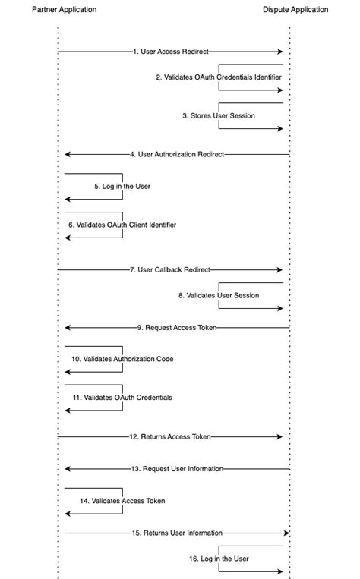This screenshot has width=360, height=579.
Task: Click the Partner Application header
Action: coord(65,10)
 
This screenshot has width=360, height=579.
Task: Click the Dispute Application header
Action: coord(295,10)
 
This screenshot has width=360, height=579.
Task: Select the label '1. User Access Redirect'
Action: coord(170,52)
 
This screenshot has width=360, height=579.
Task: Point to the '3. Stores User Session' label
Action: coord(218,116)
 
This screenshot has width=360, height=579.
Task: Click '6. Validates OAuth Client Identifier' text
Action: coord(122,225)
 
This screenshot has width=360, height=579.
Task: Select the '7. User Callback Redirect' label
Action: coord(170,269)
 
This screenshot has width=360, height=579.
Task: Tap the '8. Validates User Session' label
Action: coord(219,295)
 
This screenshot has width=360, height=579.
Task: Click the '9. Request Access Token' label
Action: coord(176,327)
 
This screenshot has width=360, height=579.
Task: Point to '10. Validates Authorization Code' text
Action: coord(122,358)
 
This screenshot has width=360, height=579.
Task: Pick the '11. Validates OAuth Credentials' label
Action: coord(122,397)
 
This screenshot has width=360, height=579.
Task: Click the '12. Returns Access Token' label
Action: coord(170,436)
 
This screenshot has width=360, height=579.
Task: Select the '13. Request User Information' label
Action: coord(177,469)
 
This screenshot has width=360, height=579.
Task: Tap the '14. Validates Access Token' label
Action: coord(122,501)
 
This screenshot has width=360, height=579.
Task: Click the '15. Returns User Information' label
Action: coord(177,533)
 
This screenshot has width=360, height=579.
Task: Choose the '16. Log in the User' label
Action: coord(219,559)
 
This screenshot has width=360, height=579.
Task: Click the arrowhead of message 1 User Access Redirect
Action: coord(279,52)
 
